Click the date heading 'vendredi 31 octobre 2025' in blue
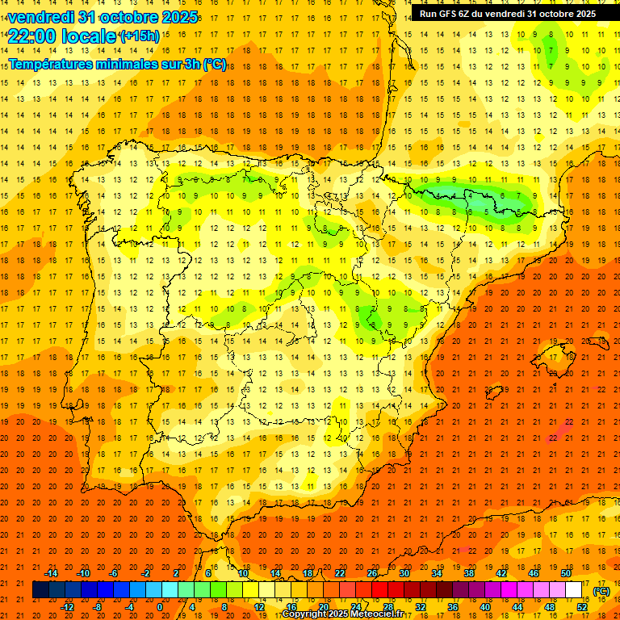click(x=102, y=16)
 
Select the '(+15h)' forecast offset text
click(x=139, y=36)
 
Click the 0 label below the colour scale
click(x=159, y=606)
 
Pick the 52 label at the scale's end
click(x=581, y=606)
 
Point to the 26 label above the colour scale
click(x=372, y=573)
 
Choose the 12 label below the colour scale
click(x=259, y=606)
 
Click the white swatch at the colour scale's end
click(x=574, y=590)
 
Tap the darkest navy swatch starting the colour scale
click(x=40, y=590)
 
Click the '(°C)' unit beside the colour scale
click(x=601, y=590)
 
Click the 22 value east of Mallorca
click(x=601, y=389)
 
